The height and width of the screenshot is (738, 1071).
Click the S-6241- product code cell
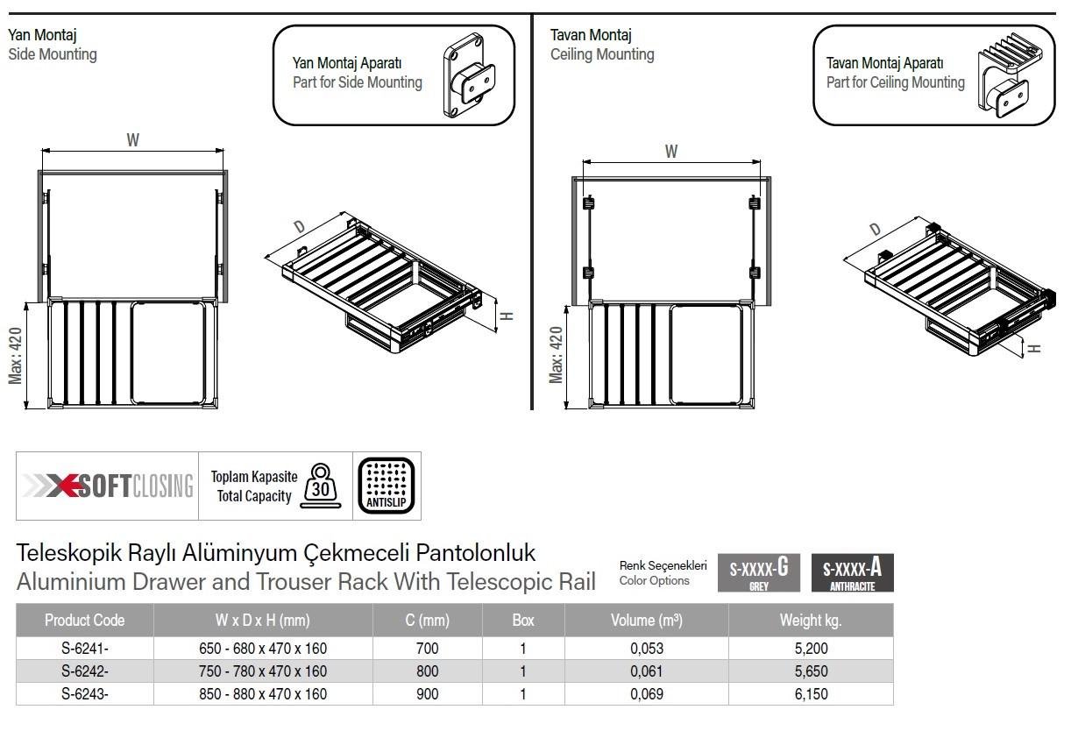click(84, 649)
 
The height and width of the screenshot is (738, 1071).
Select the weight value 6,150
click(811, 694)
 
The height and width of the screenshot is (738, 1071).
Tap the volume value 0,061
click(646, 671)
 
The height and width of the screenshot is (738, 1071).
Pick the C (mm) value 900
click(427, 694)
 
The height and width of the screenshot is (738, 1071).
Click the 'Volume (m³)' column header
click(646, 621)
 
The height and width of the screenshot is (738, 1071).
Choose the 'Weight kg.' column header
click(811, 621)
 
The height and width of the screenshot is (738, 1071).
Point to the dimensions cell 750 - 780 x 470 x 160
click(263, 671)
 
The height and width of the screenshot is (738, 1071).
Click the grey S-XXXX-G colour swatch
click(759, 573)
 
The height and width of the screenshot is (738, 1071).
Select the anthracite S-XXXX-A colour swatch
click(853, 573)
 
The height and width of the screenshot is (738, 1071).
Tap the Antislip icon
click(386, 486)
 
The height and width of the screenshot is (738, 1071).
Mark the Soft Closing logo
click(109, 486)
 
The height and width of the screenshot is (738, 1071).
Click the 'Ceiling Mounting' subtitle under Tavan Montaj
click(602, 54)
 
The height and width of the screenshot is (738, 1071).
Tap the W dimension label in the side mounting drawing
click(132, 139)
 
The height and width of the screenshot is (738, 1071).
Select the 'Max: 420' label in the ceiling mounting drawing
click(556, 354)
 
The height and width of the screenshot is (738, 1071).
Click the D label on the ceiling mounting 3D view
click(875, 230)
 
